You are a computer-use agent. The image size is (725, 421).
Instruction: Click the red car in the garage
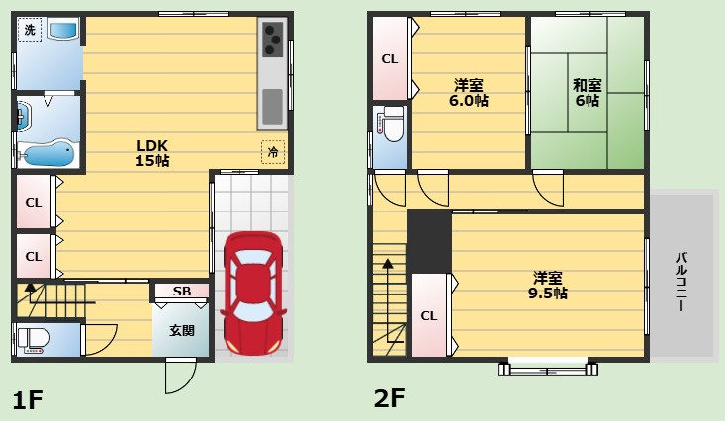point(253,293)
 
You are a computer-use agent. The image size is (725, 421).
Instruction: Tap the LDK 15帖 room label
point(152,153)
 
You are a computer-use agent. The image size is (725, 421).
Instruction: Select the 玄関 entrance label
point(182,330)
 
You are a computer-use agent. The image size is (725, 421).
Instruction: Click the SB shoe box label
point(182,292)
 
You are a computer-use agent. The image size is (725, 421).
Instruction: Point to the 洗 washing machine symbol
point(30,30)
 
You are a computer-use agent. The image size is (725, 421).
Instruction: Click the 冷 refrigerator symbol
point(273,151)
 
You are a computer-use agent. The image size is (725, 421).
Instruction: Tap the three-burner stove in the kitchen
point(272,40)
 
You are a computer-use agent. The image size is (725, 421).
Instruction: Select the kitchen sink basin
point(272,107)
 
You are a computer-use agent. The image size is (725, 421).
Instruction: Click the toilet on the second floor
point(391,124)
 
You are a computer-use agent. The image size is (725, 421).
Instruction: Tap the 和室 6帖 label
point(588,93)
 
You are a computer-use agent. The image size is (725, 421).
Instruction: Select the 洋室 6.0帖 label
point(469,93)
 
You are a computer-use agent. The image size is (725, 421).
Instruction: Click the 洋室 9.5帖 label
point(548,286)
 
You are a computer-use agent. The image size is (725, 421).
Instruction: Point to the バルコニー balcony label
point(680,282)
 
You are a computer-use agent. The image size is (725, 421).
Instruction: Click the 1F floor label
point(28,399)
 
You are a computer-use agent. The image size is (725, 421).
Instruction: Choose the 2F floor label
point(390,398)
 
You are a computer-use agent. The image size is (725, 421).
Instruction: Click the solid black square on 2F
point(429,241)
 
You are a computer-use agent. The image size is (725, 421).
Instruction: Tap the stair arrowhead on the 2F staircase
point(388,264)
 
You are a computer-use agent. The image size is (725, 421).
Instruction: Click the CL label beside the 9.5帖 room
point(428,315)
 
